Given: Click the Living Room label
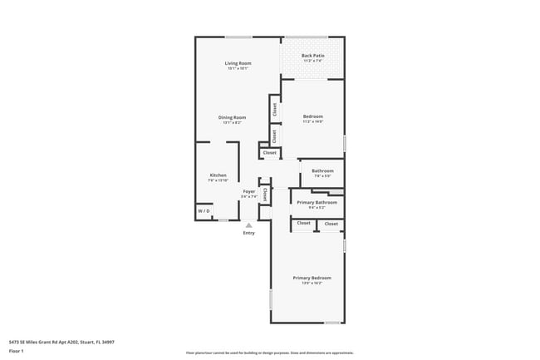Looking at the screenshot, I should [238, 63].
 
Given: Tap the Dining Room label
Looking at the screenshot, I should [233, 117].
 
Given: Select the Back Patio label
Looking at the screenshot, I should [312, 56].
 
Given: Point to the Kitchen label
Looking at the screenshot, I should [218, 175].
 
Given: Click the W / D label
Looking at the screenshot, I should [203, 212].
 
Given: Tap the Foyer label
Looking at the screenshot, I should [249, 191].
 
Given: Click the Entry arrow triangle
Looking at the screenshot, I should [248, 224].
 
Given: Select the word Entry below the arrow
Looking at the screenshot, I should [249, 233].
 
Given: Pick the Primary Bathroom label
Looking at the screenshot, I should [317, 202].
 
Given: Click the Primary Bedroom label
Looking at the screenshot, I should [312, 277].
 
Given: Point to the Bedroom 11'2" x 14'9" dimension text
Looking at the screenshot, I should [312, 121].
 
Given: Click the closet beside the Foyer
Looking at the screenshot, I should [265, 195].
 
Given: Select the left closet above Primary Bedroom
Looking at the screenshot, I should [304, 223].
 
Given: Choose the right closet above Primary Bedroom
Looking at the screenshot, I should [331, 224].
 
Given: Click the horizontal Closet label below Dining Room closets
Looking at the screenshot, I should [270, 153].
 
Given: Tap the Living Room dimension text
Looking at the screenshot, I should [238, 68].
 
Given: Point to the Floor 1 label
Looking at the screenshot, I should [17, 351].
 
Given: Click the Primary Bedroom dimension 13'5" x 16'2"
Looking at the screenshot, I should [312, 283].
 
